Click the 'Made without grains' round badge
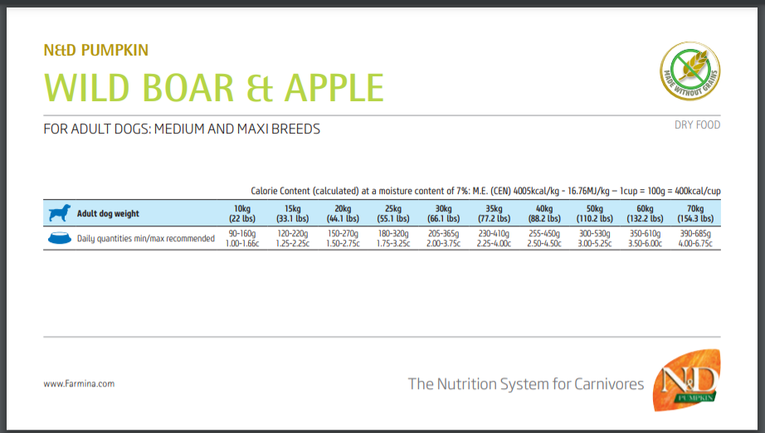[x=689, y=71]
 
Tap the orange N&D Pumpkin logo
[x=686, y=380]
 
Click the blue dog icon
[x=60, y=213]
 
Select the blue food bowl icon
[x=60, y=238]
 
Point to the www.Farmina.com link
[x=79, y=384]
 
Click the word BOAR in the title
[x=188, y=88]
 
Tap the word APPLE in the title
[x=334, y=88]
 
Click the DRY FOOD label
[x=697, y=124]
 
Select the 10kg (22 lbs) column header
[x=242, y=213]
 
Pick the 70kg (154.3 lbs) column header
[x=695, y=213]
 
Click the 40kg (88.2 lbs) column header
[x=544, y=213]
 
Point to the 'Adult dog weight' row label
[x=108, y=213]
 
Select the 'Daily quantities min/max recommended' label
[x=146, y=238]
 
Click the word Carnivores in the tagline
[x=609, y=384]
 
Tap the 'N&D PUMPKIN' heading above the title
[x=95, y=51]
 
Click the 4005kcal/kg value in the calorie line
[x=536, y=191]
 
